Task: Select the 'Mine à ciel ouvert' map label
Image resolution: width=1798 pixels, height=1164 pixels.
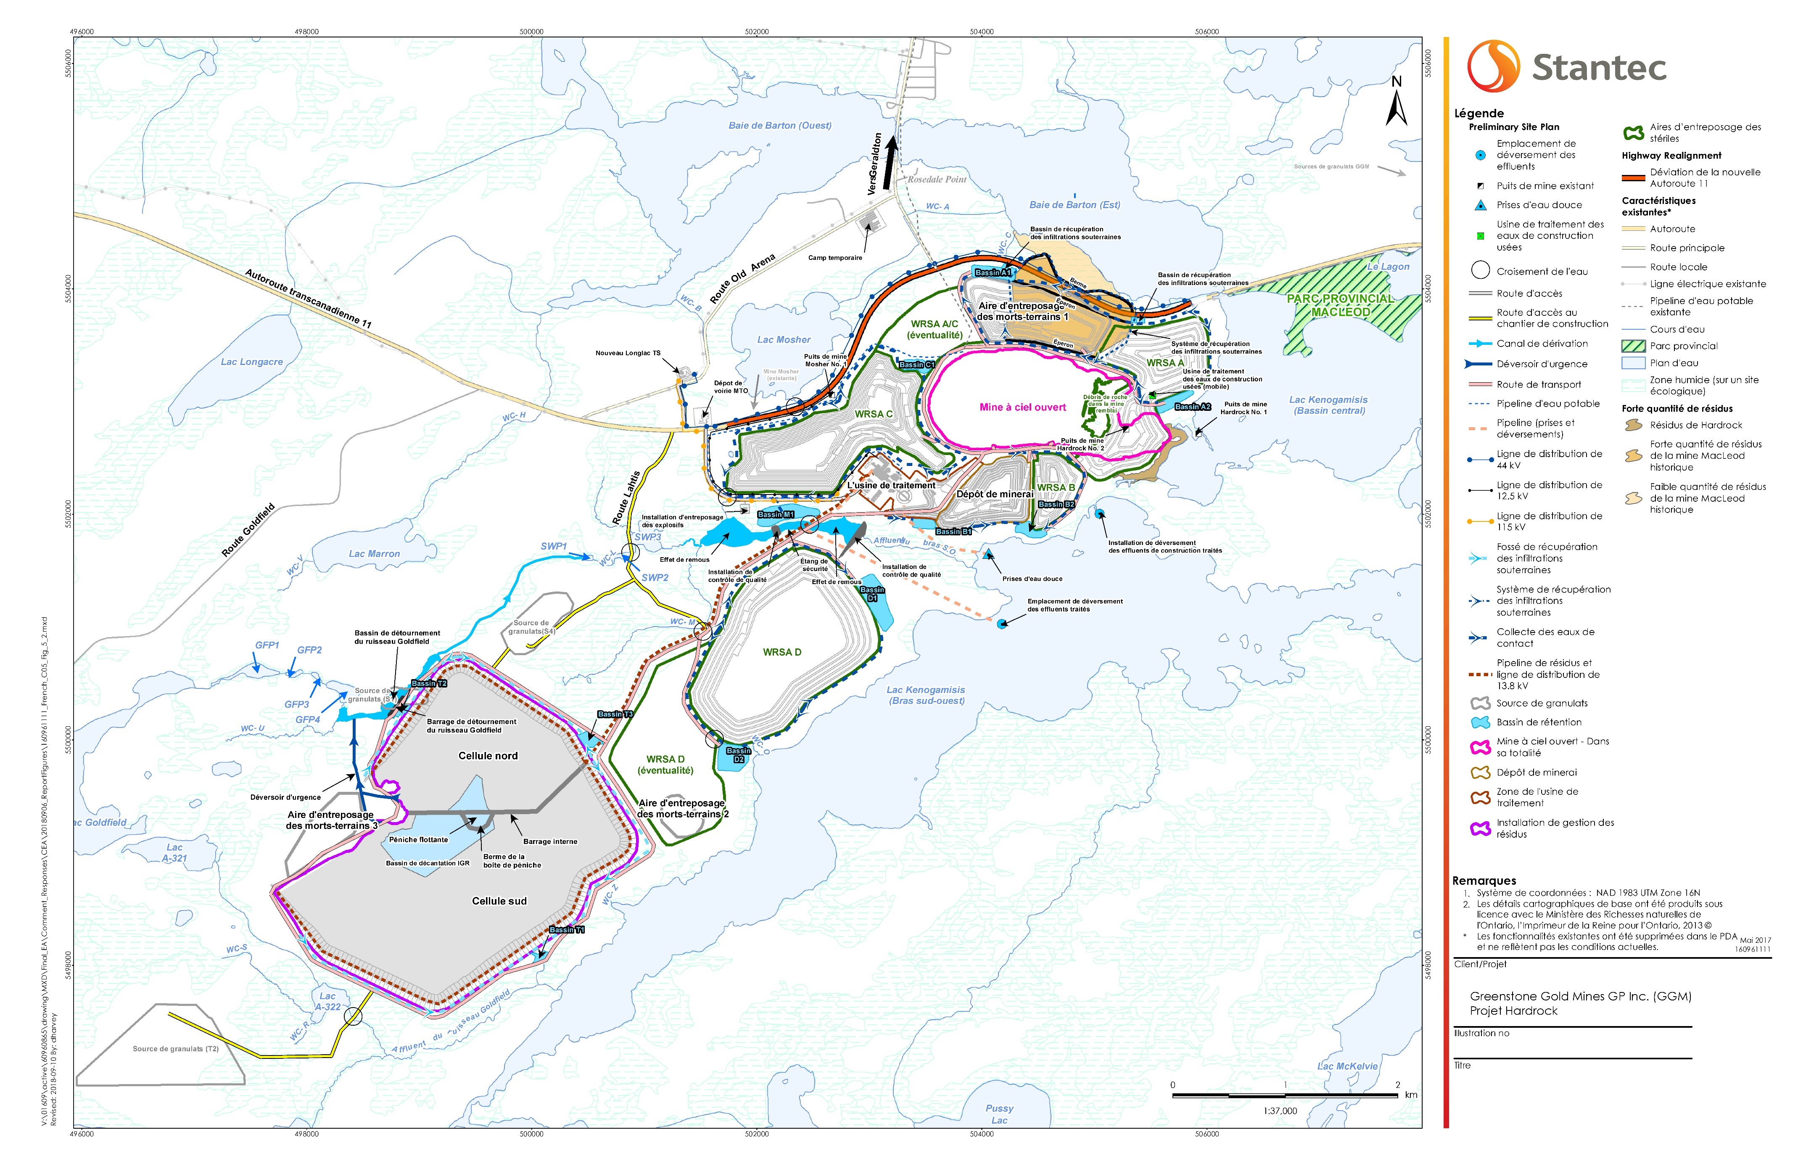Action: click(x=1022, y=407)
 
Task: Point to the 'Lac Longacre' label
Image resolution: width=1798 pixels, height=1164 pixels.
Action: click(x=251, y=362)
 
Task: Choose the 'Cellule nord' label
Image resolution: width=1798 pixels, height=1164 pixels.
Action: click(x=488, y=756)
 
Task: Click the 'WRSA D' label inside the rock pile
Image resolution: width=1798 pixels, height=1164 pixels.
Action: click(x=782, y=652)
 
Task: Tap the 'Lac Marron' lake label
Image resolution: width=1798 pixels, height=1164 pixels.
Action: click(x=374, y=554)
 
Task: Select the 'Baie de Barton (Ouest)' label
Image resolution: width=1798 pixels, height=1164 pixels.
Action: click(x=780, y=125)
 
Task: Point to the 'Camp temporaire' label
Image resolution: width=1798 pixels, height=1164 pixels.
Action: click(x=835, y=258)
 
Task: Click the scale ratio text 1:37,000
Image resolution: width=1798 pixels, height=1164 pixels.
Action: click(x=1280, y=1111)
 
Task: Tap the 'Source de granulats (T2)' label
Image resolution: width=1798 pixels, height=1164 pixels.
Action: click(x=175, y=1049)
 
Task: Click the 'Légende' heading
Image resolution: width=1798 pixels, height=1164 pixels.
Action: click(x=1479, y=114)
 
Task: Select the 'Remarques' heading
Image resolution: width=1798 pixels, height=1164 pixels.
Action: click(x=1484, y=881)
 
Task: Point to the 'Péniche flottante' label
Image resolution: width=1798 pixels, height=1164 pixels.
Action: click(x=419, y=840)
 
